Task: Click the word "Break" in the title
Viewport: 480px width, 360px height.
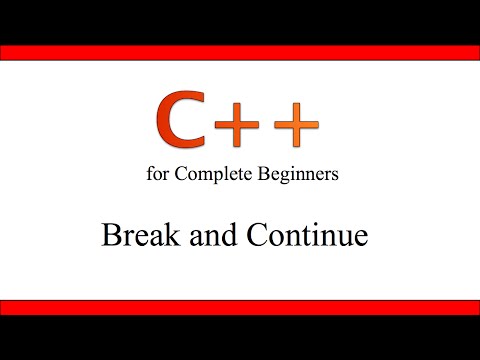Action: click(136, 236)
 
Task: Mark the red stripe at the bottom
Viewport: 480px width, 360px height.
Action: click(240, 307)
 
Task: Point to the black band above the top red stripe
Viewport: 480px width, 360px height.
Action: click(240, 21)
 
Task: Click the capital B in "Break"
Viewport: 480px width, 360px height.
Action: click(110, 236)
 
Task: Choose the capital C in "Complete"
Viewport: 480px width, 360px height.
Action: click(180, 174)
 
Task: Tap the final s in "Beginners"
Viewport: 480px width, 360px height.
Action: click(335, 175)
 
